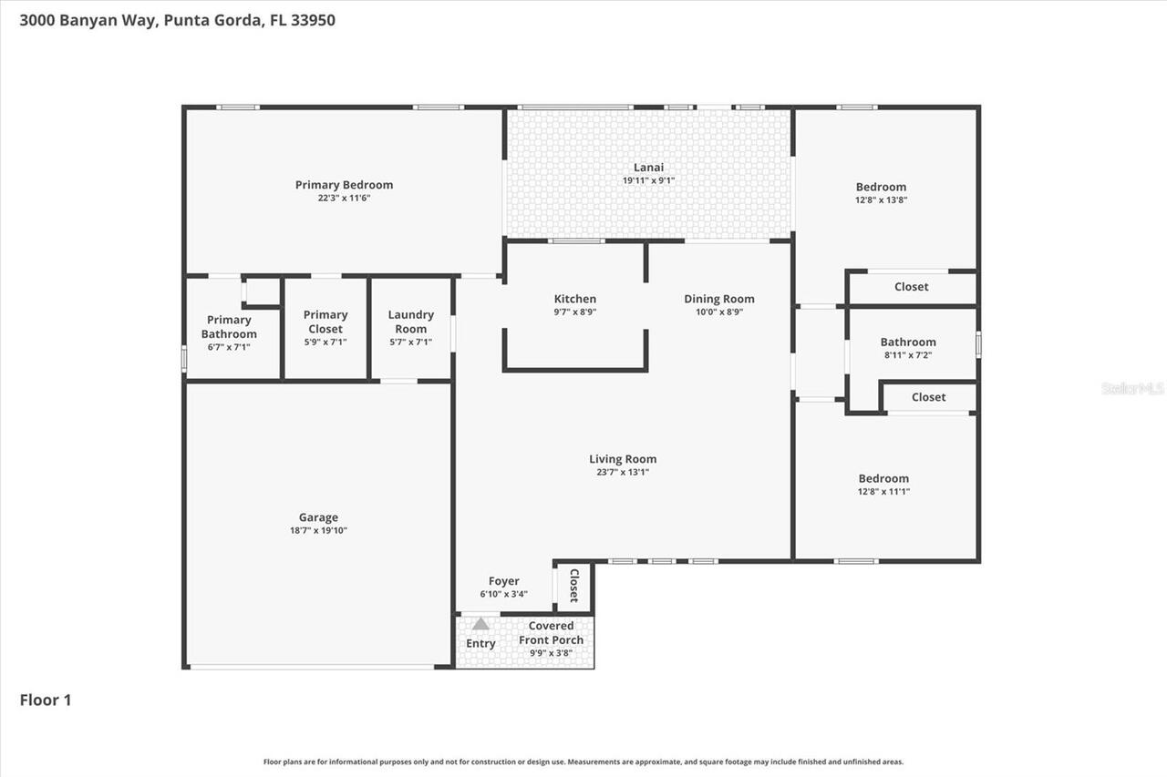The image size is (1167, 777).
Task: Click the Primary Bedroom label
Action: click(344, 185)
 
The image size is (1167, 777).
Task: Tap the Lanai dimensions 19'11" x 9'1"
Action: click(648, 180)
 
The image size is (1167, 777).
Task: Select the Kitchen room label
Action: click(575, 299)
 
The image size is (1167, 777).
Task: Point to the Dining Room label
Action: click(719, 299)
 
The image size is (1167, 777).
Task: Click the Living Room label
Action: click(623, 459)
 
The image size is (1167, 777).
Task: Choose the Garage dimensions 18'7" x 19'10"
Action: click(318, 530)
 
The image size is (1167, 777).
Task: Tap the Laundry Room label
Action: click(411, 322)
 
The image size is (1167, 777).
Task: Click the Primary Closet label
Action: click(325, 322)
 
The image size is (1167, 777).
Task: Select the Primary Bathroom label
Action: click(229, 327)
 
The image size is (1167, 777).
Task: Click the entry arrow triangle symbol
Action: click(480, 624)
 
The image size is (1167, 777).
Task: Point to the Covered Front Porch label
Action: click(552, 633)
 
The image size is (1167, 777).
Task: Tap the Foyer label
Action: click(504, 581)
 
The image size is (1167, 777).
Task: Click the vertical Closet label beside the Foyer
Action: click(574, 586)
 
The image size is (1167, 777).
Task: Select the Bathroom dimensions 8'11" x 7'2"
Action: click(908, 355)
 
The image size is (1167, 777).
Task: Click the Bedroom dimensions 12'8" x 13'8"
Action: click(881, 199)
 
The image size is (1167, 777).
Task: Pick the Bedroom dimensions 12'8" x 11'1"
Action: click(883, 491)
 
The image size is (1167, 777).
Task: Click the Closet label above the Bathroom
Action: click(912, 287)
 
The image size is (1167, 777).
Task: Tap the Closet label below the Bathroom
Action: click(928, 397)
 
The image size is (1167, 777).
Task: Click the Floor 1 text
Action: click(46, 700)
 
